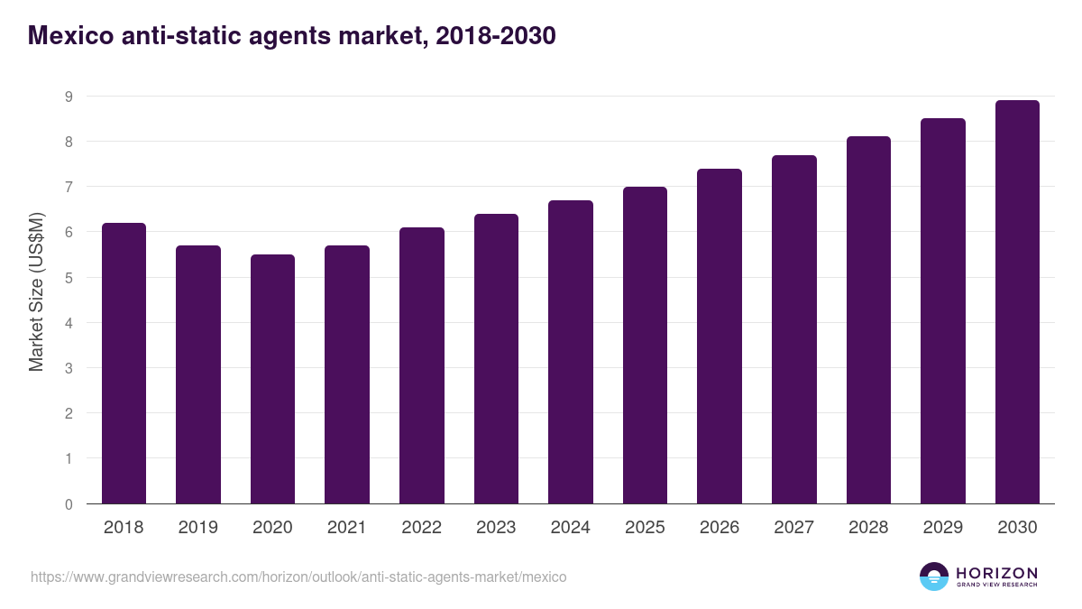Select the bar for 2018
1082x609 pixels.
(x=124, y=363)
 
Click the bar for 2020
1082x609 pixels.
(x=272, y=379)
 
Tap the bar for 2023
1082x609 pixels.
(x=496, y=358)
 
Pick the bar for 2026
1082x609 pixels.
(x=720, y=336)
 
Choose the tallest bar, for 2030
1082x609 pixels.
(x=1017, y=301)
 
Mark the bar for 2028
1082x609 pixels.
(x=868, y=319)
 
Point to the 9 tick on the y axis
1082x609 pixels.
(x=69, y=97)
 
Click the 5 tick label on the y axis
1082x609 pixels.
(x=69, y=278)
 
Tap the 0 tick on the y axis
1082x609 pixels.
(x=69, y=504)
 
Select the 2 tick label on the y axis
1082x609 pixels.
(x=69, y=413)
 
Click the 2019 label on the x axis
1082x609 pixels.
(x=197, y=528)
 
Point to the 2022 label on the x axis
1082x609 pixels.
(x=421, y=528)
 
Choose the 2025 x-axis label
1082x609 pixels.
(x=645, y=528)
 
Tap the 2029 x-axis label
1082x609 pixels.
(x=942, y=528)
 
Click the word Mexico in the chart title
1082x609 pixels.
(x=68, y=36)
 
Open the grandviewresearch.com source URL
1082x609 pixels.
(x=298, y=577)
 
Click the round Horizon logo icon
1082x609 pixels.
(x=934, y=577)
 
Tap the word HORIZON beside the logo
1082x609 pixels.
(x=996, y=572)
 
